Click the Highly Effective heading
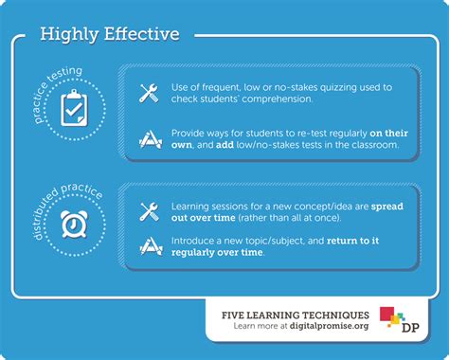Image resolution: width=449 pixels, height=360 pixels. click(110, 34)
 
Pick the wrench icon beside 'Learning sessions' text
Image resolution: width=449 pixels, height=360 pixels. click(149, 210)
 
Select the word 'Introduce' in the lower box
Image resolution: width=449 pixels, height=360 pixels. click(194, 240)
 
